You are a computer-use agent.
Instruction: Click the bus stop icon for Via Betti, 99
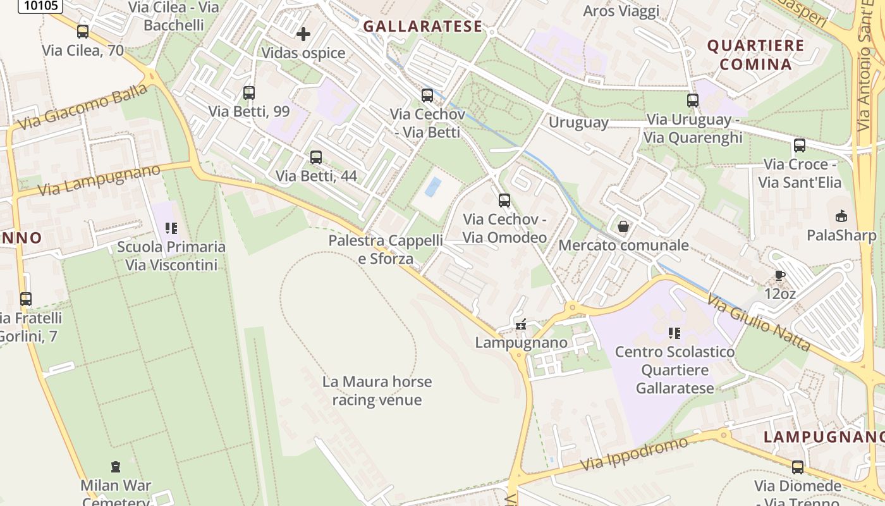point(249,93)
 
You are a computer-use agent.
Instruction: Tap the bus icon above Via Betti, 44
point(315,157)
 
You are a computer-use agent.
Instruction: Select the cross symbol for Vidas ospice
point(303,34)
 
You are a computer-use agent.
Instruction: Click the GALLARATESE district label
point(422,27)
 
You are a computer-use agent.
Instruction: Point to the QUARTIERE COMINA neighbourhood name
point(755,54)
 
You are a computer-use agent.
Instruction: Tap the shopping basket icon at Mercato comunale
point(623,226)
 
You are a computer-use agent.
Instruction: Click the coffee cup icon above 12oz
point(779,275)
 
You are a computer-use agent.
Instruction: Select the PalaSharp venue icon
point(841,216)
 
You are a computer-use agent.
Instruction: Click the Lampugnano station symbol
point(521,324)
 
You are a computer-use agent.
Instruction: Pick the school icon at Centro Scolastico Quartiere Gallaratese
point(674,333)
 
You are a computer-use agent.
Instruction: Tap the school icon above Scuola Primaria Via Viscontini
point(171,228)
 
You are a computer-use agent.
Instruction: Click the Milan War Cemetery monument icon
point(115,467)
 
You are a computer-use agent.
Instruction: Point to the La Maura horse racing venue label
point(377,391)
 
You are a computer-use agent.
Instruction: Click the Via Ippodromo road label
point(634,454)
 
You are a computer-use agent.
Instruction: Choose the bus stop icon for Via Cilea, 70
point(83,31)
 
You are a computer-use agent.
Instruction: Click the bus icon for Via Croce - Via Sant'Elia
point(800,145)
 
